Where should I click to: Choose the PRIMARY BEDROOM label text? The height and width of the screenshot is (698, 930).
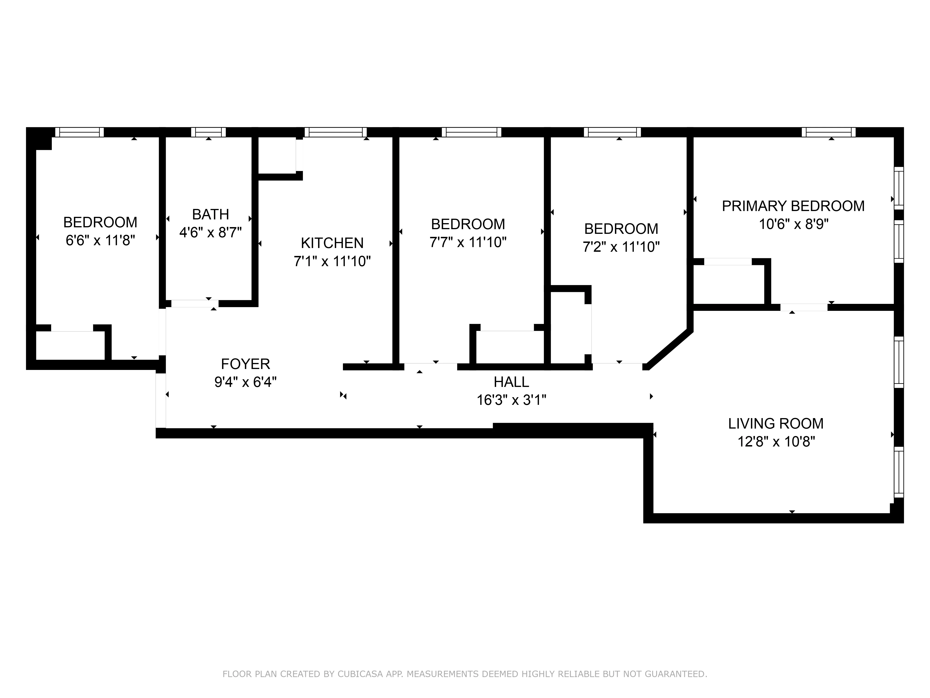(793, 206)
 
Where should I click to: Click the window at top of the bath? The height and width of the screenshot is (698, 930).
(209, 132)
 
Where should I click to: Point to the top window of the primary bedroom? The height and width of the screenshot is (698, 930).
(828, 132)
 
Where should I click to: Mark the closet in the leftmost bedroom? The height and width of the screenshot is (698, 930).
(70, 345)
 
